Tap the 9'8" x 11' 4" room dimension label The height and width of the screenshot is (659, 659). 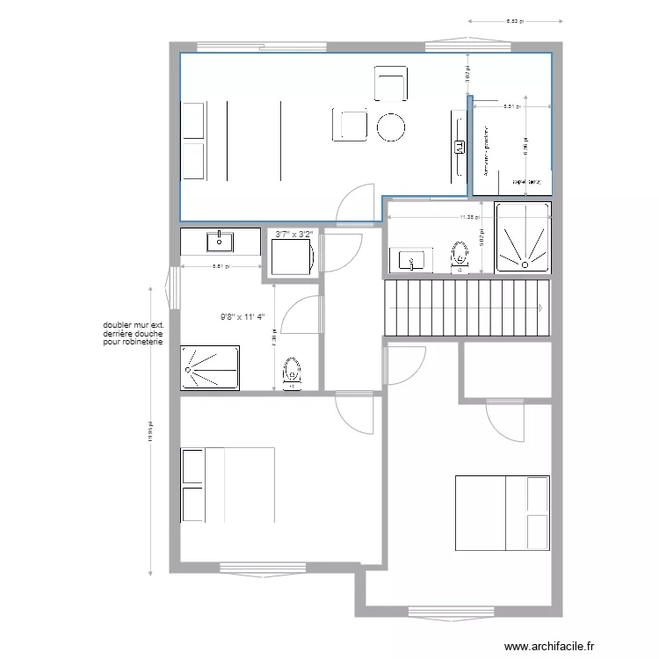tap(248, 319)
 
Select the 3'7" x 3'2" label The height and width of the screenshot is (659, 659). tap(293, 235)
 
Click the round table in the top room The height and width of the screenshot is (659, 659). tap(391, 127)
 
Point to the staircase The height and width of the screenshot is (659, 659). tap(466, 308)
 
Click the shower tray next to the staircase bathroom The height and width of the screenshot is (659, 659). tap(523, 236)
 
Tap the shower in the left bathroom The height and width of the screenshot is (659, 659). tap(211, 368)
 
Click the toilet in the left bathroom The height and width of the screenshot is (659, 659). tap(293, 373)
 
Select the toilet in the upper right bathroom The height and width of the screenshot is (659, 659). tap(459, 255)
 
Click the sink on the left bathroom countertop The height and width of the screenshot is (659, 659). tap(219, 240)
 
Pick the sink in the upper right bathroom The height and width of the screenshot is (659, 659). tap(409, 259)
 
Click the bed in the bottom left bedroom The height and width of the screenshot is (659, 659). tap(228, 484)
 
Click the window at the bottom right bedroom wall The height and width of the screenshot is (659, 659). tap(450, 609)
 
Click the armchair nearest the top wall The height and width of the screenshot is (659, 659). tap(391, 83)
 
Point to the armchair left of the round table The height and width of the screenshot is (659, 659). tap(350, 125)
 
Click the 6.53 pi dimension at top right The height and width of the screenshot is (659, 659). tap(513, 20)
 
